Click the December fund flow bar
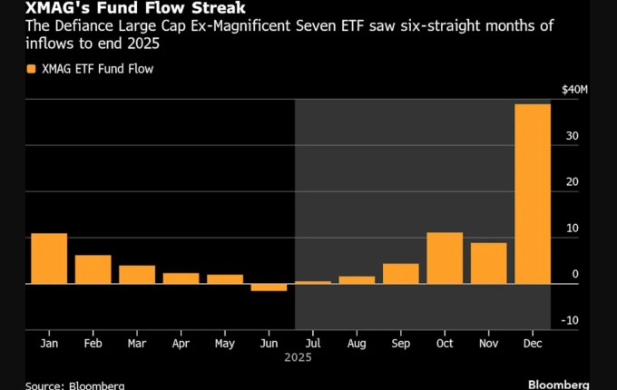(533, 194)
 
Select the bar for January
(49, 258)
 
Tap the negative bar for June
(269, 288)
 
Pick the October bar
(445, 258)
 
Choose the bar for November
(488, 263)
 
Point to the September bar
(400, 274)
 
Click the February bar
(93, 269)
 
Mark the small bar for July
(313, 282)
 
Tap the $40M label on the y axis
(575, 89)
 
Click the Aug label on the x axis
(357, 344)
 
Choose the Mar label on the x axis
(137, 344)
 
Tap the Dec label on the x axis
(533, 344)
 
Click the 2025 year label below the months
(290, 358)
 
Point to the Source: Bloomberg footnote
(75, 385)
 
